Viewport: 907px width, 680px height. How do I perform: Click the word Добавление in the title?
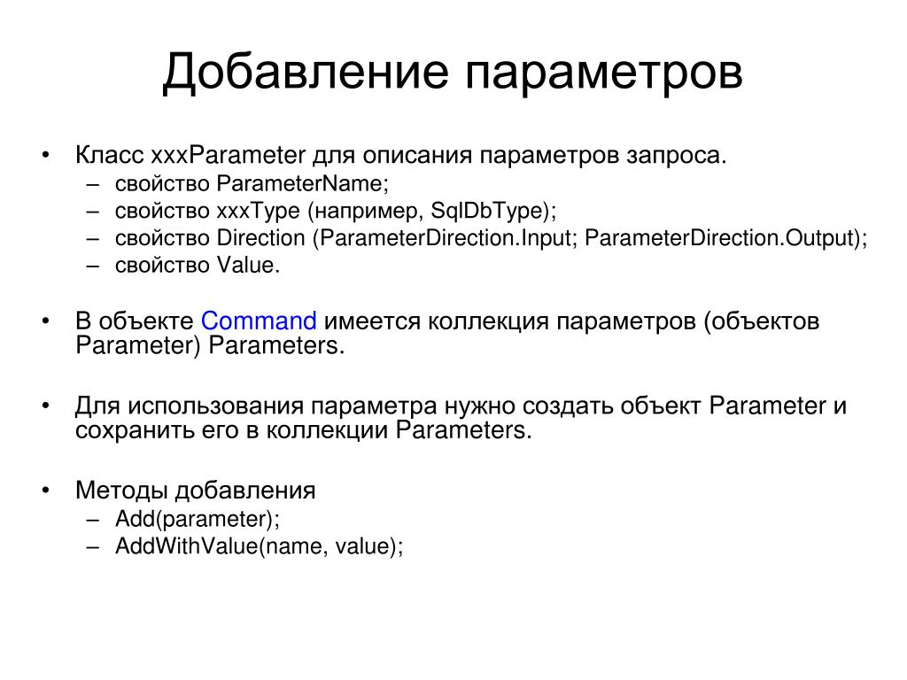click(306, 73)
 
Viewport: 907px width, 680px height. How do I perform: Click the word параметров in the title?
click(604, 75)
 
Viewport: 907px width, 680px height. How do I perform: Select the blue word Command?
click(259, 321)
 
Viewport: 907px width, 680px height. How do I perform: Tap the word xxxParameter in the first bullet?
click(228, 155)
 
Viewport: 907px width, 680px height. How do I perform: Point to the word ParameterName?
click(299, 183)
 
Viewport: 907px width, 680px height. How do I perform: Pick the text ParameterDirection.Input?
click(446, 238)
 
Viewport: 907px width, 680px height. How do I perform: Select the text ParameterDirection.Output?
click(719, 238)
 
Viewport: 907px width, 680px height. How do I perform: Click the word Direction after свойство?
click(261, 237)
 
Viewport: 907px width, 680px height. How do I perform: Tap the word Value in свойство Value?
click(245, 265)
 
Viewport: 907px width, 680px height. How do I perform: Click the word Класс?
click(109, 155)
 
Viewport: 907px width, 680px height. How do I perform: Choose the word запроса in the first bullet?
click(673, 156)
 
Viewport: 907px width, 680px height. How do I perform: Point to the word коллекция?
click(488, 321)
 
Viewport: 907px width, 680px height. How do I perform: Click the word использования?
click(215, 406)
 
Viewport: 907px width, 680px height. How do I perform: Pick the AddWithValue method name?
click(186, 545)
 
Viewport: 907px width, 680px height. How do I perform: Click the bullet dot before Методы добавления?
click(46, 491)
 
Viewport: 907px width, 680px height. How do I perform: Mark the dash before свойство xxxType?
click(92, 211)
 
